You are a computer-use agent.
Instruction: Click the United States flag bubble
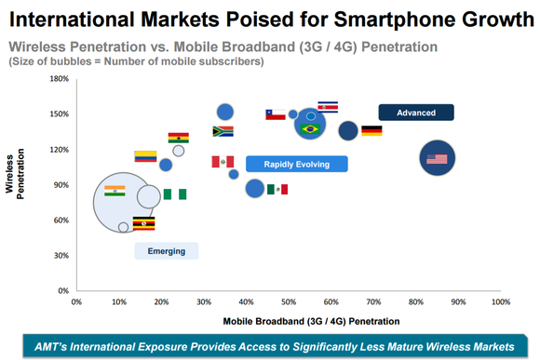(x=437, y=158)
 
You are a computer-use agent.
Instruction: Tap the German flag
(x=371, y=131)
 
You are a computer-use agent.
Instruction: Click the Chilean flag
(x=276, y=114)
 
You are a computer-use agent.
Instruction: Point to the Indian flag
(x=115, y=191)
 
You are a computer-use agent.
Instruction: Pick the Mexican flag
(x=277, y=189)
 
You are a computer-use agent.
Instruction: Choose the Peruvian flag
(x=223, y=162)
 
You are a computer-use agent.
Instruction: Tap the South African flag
(x=223, y=131)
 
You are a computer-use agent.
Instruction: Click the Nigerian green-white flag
(x=175, y=194)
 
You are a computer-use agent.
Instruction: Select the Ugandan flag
(x=143, y=223)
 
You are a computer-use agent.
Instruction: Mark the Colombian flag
(x=145, y=156)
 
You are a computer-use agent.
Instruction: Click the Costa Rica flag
(x=328, y=107)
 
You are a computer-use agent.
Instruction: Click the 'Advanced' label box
(x=415, y=113)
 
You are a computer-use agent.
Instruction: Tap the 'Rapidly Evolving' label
(x=296, y=164)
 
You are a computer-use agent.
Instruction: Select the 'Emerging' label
(x=167, y=250)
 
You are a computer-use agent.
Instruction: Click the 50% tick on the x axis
(x=289, y=301)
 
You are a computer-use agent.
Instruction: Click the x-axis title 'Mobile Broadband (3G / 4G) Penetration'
(x=304, y=321)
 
